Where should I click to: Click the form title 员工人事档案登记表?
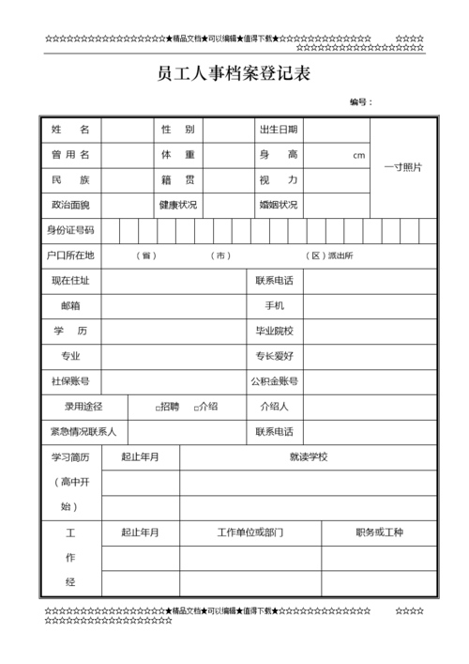tap(234, 74)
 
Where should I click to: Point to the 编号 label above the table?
tap(360, 101)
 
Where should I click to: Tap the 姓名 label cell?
tap(70, 130)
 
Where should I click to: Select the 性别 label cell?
tap(177, 130)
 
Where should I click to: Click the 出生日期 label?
tap(278, 130)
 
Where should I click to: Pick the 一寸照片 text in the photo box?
tap(403, 167)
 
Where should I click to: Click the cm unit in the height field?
tap(358, 156)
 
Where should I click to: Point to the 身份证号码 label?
tap(70, 230)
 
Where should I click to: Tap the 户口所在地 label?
tap(70, 255)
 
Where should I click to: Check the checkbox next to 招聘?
tap(158, 408)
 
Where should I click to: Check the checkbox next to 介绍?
tap(195, 408)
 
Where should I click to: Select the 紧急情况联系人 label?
tap(83, 432)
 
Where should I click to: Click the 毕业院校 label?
tap(275, 331)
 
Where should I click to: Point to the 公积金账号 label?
tap(275, 381)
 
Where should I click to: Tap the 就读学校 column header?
tap(309, 457)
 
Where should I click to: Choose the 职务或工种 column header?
tap(379, 533)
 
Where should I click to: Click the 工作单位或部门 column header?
tap(250, 533)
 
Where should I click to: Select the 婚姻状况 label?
tap(279, 205)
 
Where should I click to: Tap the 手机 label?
tap(275, 306)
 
